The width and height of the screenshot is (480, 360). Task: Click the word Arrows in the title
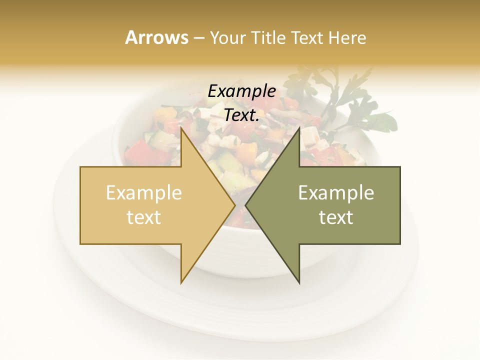tap(156, 37)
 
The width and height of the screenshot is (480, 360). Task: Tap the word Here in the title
tap(347, 38)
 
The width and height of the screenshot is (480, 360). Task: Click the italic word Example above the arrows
tap(241, 91)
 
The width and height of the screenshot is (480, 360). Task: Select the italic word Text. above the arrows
tap(241, 115)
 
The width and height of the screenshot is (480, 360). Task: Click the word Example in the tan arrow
tap(144, 193)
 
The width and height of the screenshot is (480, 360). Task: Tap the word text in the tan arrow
tap(144, 217)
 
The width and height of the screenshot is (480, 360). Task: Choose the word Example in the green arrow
tap(336, 193)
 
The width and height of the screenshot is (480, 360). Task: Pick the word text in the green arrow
tap(336, 217)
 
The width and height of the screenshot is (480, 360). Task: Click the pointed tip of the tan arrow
tap(234, 205)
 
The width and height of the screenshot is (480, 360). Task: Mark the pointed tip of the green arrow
tap(246, 205)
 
